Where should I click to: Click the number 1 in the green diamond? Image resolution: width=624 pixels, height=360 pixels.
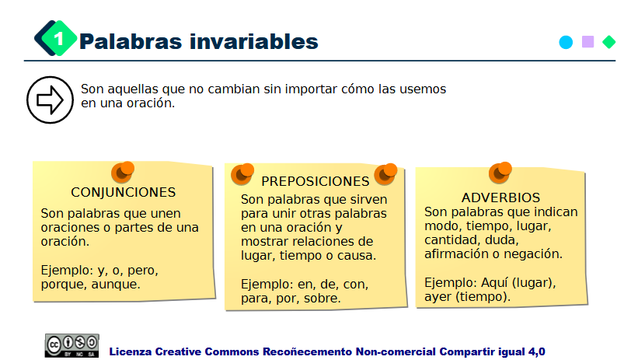(58, 40)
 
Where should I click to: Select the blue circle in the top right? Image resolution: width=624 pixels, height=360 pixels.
(566, 42)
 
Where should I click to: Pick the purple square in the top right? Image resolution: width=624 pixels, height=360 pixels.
(588, 42)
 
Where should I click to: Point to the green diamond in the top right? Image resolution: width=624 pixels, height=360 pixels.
(609, 42)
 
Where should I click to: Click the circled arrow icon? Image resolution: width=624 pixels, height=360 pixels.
(49, 100)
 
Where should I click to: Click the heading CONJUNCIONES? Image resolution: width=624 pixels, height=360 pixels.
(124, 192)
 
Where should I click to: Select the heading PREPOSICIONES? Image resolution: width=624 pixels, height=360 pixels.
(315, 181)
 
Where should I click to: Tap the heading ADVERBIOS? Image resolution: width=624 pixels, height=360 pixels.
(500, 197)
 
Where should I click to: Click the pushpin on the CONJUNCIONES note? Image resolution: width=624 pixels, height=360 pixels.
(123, 172)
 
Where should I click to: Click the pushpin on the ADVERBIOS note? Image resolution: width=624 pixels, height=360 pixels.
(500, 172)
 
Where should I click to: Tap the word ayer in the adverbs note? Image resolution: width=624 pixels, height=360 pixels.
(440, 296)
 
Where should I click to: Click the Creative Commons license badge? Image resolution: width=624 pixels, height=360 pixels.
(71, 345)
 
